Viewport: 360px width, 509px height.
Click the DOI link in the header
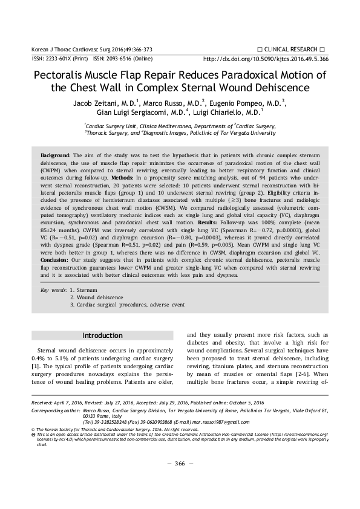pyautogui.click(x=266, y=60)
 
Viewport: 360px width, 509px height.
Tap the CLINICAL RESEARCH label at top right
pyautogui.click(x=290, y=48)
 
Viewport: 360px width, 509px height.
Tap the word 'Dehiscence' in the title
pyautogui.click(x=277, y=88)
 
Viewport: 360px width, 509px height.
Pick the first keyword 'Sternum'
pyautogui.click(x=87, y=290)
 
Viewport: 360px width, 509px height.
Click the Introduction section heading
pyautogui.click(x=102, y=336)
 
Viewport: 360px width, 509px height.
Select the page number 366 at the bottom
pyautogui.click(x=179, y=480)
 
